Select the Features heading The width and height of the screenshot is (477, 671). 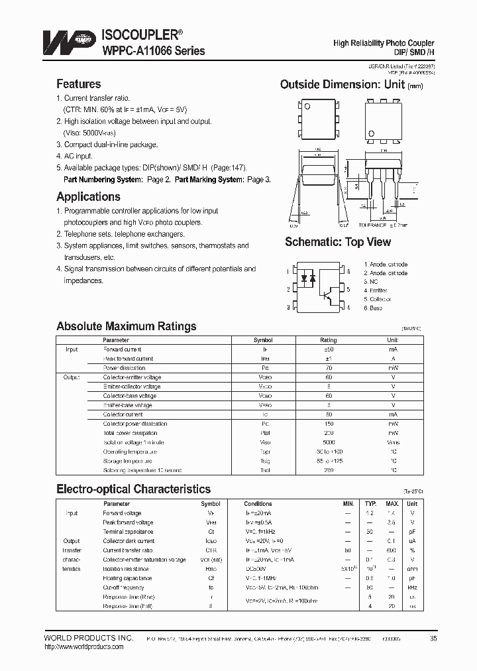coord(78,84)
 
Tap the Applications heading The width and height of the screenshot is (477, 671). coord(88,197)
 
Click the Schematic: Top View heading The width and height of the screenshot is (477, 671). coord(338,242)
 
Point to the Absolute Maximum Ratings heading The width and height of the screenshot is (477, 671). coord(126,326)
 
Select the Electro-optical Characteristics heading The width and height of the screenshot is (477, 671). coord(133,489)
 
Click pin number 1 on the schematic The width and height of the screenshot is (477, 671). coord(288,271)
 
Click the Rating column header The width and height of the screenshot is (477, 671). coord(329,339)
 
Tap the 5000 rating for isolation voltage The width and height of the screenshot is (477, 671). coord(329,442)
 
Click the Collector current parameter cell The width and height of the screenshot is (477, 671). coord(123,414)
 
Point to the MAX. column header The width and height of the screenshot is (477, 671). coord(392,504)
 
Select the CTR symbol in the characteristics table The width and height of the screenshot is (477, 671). coord(210,550)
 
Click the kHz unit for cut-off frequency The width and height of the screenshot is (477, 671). coord(412,587)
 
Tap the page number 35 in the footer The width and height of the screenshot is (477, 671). coord(433,638)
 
